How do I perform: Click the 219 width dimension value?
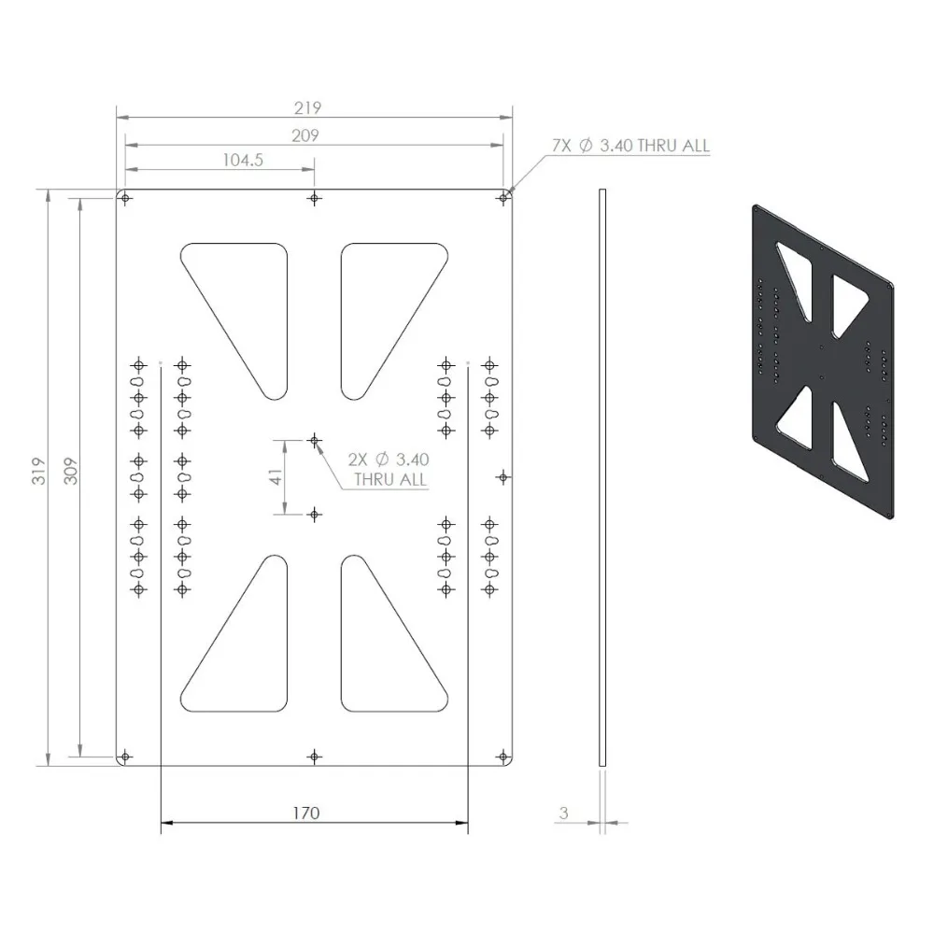[314, 107]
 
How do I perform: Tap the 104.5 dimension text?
[244, 160]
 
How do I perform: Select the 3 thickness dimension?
[563, 814]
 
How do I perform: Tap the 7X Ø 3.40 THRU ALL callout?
[630, 146]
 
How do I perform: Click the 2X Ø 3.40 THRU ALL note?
[388, 469]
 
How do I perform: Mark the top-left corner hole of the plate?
[125, 198]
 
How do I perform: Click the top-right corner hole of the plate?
[503, 198]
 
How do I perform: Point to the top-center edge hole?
[315, 198]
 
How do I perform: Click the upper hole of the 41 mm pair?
[315, 439]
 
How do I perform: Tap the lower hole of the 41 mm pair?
[315, 514]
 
